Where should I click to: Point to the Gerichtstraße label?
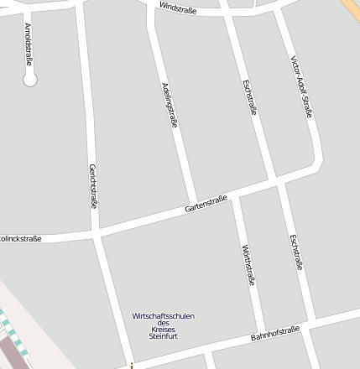[92, 184]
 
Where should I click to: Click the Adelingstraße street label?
[170, 104]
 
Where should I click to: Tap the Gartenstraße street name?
[206, 205]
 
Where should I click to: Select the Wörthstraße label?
[248, 265]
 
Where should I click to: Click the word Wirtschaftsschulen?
[164, 316]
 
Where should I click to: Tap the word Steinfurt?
[164, 336]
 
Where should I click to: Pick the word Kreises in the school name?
[164, 330]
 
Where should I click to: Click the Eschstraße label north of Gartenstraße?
[248, 96]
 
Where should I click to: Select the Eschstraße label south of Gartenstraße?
[295, 252]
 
